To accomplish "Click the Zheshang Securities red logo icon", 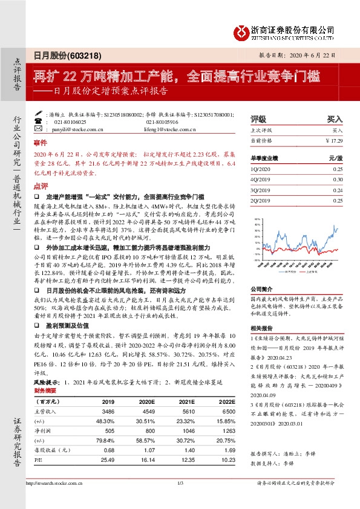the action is [243, 30].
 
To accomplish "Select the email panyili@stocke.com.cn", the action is [71, 129].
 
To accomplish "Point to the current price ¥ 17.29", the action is [334, 140].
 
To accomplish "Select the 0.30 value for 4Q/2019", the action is [338, 179].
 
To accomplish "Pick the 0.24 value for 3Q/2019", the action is [338, 189].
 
